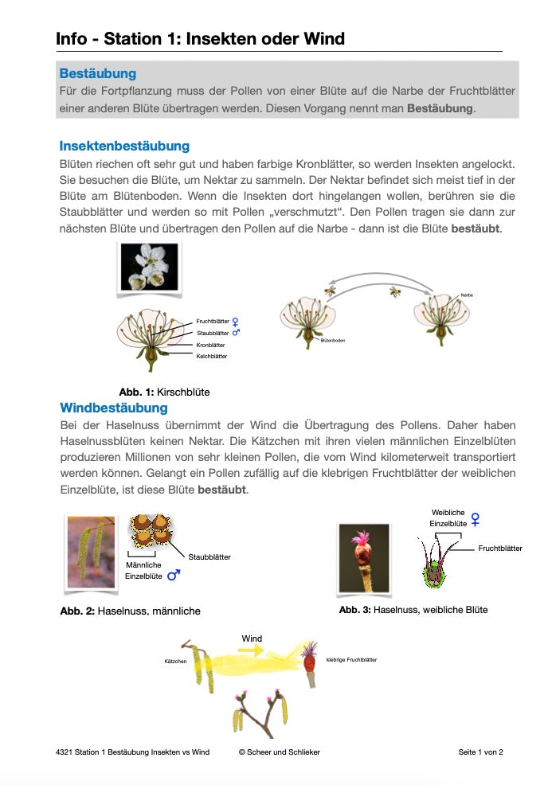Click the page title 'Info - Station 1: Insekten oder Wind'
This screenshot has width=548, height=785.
point(200,39)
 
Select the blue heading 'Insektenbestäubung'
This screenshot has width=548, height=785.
point(124,146)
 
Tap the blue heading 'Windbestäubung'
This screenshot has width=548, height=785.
point(114,408)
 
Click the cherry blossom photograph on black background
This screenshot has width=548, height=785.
point(149,266)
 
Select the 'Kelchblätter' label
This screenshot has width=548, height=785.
point(212,356)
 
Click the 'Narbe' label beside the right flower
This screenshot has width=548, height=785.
point(467,296)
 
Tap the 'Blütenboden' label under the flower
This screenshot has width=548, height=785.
point(332,340)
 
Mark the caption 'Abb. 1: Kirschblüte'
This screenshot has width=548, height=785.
point(164,392)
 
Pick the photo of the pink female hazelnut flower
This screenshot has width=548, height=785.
point(364,557)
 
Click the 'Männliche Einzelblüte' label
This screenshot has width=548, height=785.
point(143,570)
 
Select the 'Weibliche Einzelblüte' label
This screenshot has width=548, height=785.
point(448,517)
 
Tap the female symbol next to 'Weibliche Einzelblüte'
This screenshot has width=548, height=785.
point(476,519)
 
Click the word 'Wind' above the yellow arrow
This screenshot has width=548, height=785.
point(252,639)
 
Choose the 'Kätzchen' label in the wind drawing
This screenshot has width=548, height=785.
point(175,662)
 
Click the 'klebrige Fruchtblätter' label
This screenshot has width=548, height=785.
point(351,659)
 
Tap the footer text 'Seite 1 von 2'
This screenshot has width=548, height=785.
point(480,752)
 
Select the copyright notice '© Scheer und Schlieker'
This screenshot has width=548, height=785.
point(279,752)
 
